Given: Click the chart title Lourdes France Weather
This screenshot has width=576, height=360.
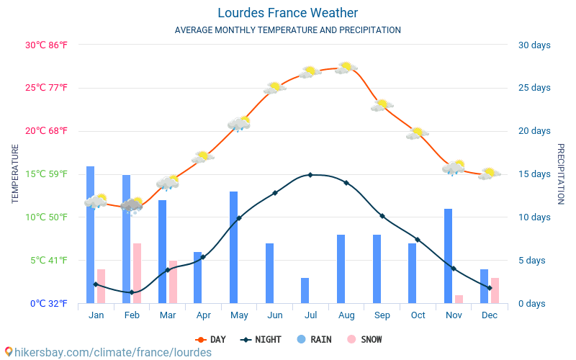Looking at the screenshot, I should pos(287,13).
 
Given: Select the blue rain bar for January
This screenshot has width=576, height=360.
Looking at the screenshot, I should pos(90,235).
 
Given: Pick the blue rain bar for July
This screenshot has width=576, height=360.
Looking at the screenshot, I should pos(305,290).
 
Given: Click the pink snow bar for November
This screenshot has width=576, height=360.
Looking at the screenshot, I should pos(459,299).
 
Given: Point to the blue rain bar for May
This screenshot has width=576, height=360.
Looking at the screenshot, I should pos(233,247).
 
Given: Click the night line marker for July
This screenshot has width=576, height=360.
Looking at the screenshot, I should pos(310,175).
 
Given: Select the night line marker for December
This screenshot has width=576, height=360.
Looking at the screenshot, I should pos(490,288).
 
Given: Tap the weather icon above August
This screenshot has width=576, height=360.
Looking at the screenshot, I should pos(346,68).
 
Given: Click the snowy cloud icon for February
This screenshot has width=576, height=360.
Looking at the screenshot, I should pos(132,205).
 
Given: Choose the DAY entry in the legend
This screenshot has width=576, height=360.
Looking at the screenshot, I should pos(210,339).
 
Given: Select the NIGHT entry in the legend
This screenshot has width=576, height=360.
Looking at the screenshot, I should pos(263,339).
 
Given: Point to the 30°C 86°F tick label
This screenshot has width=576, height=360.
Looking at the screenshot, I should pos(46,45).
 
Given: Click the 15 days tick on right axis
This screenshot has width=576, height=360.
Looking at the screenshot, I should pos(534,174).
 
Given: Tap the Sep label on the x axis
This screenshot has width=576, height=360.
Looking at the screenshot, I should pos(382,315).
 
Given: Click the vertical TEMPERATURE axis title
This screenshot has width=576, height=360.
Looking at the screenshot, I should pos(15,174).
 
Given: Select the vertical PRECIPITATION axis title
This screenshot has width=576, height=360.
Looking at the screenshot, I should pos(560,174).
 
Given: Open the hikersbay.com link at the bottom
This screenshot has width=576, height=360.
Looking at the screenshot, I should pos(108,352).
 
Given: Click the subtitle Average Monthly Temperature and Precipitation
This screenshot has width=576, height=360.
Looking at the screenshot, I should pos(287,30).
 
